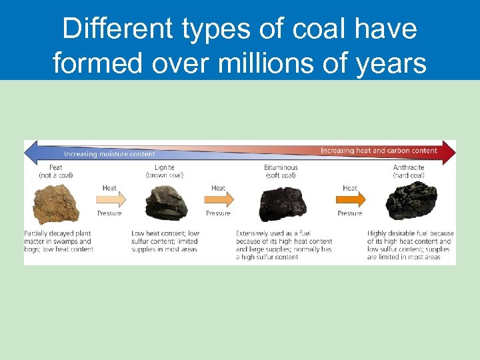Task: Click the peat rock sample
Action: [x=56, y=203]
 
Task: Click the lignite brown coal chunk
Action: [x=167, y=202]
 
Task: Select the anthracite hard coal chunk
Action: [x=411, y=201]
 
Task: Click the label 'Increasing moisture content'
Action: [x=110, y=154]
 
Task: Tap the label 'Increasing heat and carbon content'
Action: [x=379, y=151]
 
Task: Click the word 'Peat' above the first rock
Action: [x=56, y=167]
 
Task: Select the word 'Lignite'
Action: [x=165, y=167]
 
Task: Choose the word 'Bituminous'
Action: [x=281, y=167]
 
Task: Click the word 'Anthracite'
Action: [x=409, y=167]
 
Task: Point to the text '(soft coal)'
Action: [x=281, y=175]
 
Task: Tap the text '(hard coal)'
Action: [x=409, y=175]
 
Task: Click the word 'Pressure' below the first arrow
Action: [x=109, y=213]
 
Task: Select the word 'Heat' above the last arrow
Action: [x=350, y=189]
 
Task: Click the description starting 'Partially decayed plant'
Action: [x=59, y=241]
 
